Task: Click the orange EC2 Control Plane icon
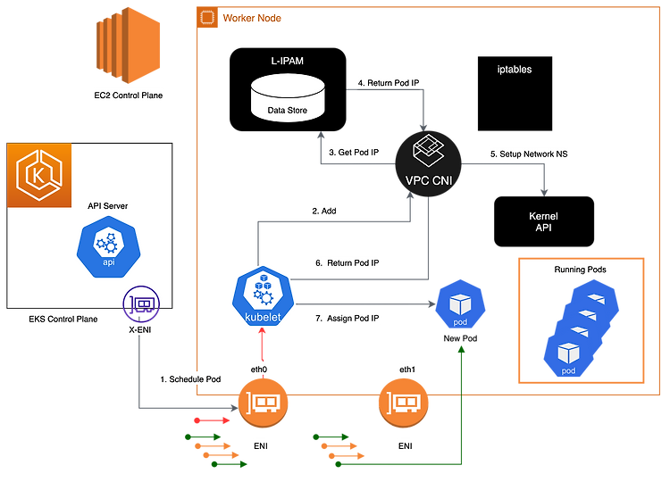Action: [x=128, y=46]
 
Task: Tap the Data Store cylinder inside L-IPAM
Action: [x=288, y=98]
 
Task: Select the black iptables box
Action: [x=515, y=94]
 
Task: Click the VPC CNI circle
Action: [x=429, y=163]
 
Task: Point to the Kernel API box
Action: [x=544, y=221]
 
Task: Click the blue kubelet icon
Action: [x=264, y=296]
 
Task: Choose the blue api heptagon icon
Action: [x=108, y=246]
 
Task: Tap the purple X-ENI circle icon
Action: [x=141, y=304]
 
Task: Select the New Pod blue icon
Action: [x=460, y=304]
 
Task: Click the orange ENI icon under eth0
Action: [x=263, y=403]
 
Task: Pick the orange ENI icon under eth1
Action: [x=404, y=403]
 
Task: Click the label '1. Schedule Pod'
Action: [x=190, y=379]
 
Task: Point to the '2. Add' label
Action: [x=324, y=211]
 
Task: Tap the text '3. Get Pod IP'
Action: [x=354, y=153]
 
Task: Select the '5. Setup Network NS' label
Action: [x=529, y=154]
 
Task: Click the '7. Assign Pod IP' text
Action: [x=347, y=318]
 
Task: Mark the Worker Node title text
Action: [x=252, y=18]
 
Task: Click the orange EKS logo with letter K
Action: [x=39, y=175]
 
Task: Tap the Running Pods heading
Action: [x=581, y=270]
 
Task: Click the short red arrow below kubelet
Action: [x=263, y=345]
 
